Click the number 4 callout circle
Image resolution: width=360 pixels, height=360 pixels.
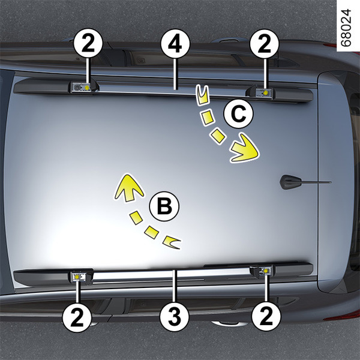pos(175,44)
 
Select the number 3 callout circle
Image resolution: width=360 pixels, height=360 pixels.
pos(175,317)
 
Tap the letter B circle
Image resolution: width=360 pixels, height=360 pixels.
pos(164,206)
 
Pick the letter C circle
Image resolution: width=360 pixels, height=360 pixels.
pos(239,113)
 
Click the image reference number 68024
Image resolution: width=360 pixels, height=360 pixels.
pos(346,28)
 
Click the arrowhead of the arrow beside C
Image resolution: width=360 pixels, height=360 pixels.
pos(245,149)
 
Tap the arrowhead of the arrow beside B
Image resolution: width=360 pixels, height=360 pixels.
pos(129,188)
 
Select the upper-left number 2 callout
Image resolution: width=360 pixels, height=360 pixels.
pos(88,43)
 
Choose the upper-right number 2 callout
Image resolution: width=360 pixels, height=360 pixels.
pos(265,44)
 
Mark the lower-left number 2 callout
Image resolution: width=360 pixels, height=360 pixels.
pos(77,317)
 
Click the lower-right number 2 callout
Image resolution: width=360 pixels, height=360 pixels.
pos(266,317)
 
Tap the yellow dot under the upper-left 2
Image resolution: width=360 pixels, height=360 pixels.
pos(87,88)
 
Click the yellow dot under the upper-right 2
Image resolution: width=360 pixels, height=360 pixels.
pos(266,92)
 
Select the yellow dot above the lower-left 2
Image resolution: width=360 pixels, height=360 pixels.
pos(77,277)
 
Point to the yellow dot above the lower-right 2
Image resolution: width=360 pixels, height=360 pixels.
pos(266,271)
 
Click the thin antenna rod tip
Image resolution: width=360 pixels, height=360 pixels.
pos(331,182)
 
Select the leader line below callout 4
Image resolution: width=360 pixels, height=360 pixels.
pos(175,74)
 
